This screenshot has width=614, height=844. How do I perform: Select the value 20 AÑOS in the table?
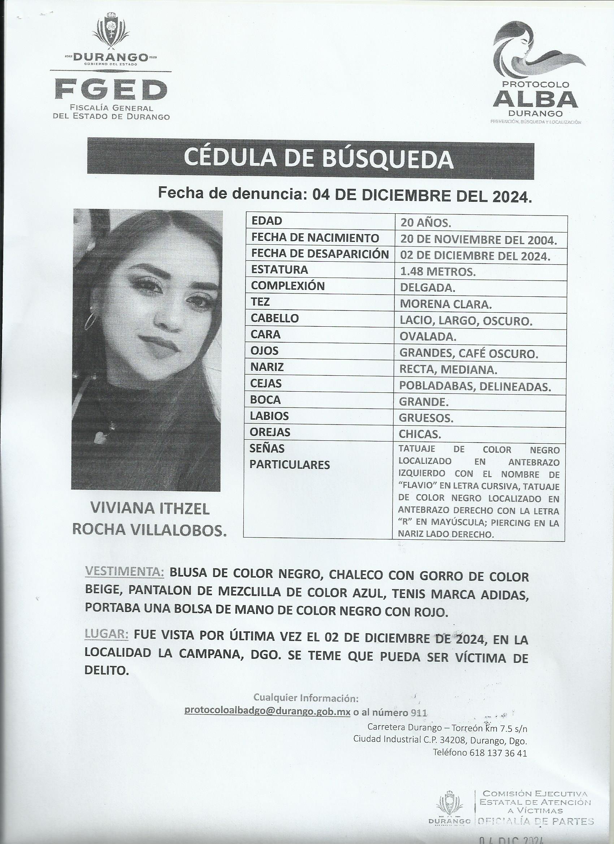(x=425, y=222)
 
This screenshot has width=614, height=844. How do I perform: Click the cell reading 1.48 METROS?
(x=437, y=272)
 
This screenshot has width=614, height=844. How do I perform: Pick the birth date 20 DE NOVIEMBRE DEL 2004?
(x=478, y=240)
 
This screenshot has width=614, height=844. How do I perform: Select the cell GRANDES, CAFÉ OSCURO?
(x=468, y=353)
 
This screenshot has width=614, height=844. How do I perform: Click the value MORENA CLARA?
(x=445, y=304)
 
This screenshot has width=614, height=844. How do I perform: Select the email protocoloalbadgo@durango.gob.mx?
(x=268, y=711)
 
